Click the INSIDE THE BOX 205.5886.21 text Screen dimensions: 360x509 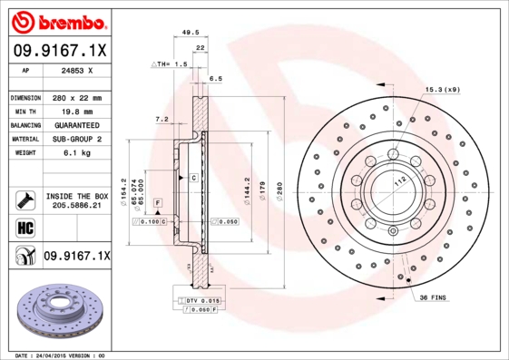tap(76, 200)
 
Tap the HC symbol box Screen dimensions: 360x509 tap(23, 228)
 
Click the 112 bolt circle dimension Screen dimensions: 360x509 tap(397, 180)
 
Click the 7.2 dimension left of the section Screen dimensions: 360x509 tap(162, 119)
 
